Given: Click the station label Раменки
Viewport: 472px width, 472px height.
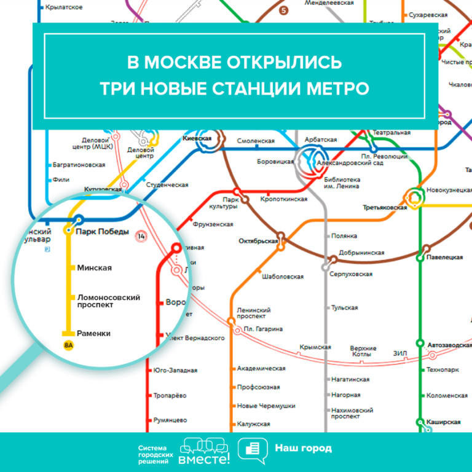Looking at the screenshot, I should coord(94,333).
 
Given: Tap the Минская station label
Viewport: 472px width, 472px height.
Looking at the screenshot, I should coord(94,268).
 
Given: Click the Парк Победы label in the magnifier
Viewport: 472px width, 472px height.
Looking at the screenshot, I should coord(102,232).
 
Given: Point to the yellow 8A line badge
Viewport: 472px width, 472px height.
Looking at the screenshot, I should coord(68,345).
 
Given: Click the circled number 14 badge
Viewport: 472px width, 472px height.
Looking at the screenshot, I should coord(142,236).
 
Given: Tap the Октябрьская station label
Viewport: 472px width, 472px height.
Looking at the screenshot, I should coord(258,241).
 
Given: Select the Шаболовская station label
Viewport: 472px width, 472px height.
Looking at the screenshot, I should coord(283,277).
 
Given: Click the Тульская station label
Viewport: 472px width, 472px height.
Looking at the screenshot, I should coord(344,308).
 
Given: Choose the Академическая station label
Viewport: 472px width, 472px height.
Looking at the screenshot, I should coord(261,368).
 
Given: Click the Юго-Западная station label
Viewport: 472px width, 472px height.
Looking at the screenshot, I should coord(176,371).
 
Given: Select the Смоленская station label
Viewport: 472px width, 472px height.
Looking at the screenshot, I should coord(256,141).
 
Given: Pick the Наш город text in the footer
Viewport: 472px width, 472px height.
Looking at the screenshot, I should coord(303,448).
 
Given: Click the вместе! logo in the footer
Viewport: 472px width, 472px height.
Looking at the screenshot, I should coord(204,452).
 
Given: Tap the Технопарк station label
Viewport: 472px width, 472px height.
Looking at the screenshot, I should coord(442,370).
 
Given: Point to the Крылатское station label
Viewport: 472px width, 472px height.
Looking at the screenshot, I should coord(64,7).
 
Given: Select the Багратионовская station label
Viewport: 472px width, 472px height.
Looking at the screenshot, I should coord(79,165).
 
